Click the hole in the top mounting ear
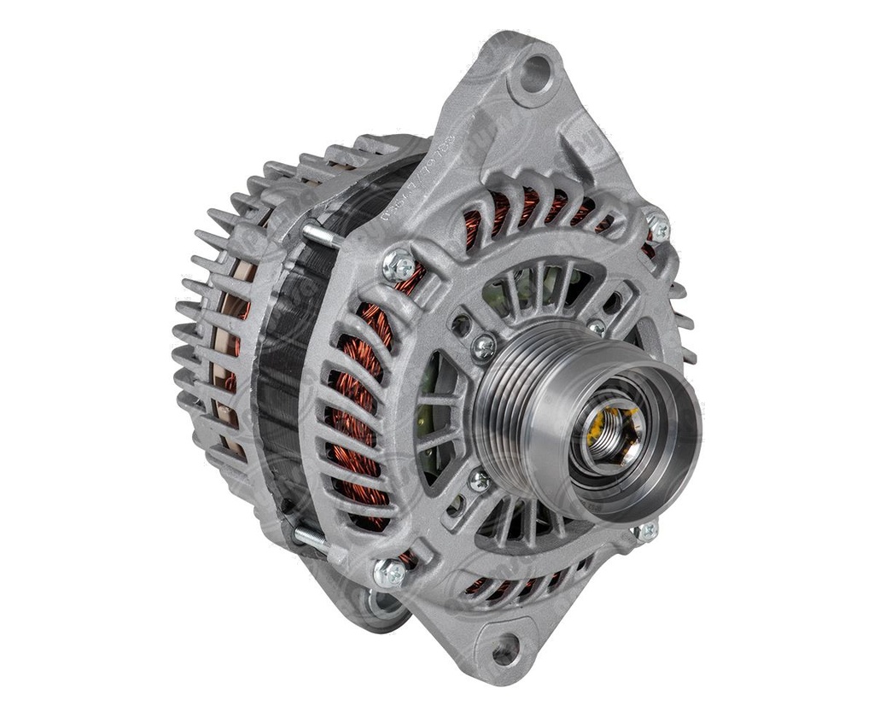536,74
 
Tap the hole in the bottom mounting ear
504,650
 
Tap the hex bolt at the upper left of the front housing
398,265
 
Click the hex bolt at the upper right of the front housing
656,226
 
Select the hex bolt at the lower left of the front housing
390,574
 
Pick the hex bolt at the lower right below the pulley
645,531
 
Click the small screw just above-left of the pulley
484,347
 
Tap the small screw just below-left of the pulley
479,481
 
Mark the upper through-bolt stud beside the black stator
319,234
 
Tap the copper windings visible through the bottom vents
512,585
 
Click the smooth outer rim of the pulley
674,452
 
